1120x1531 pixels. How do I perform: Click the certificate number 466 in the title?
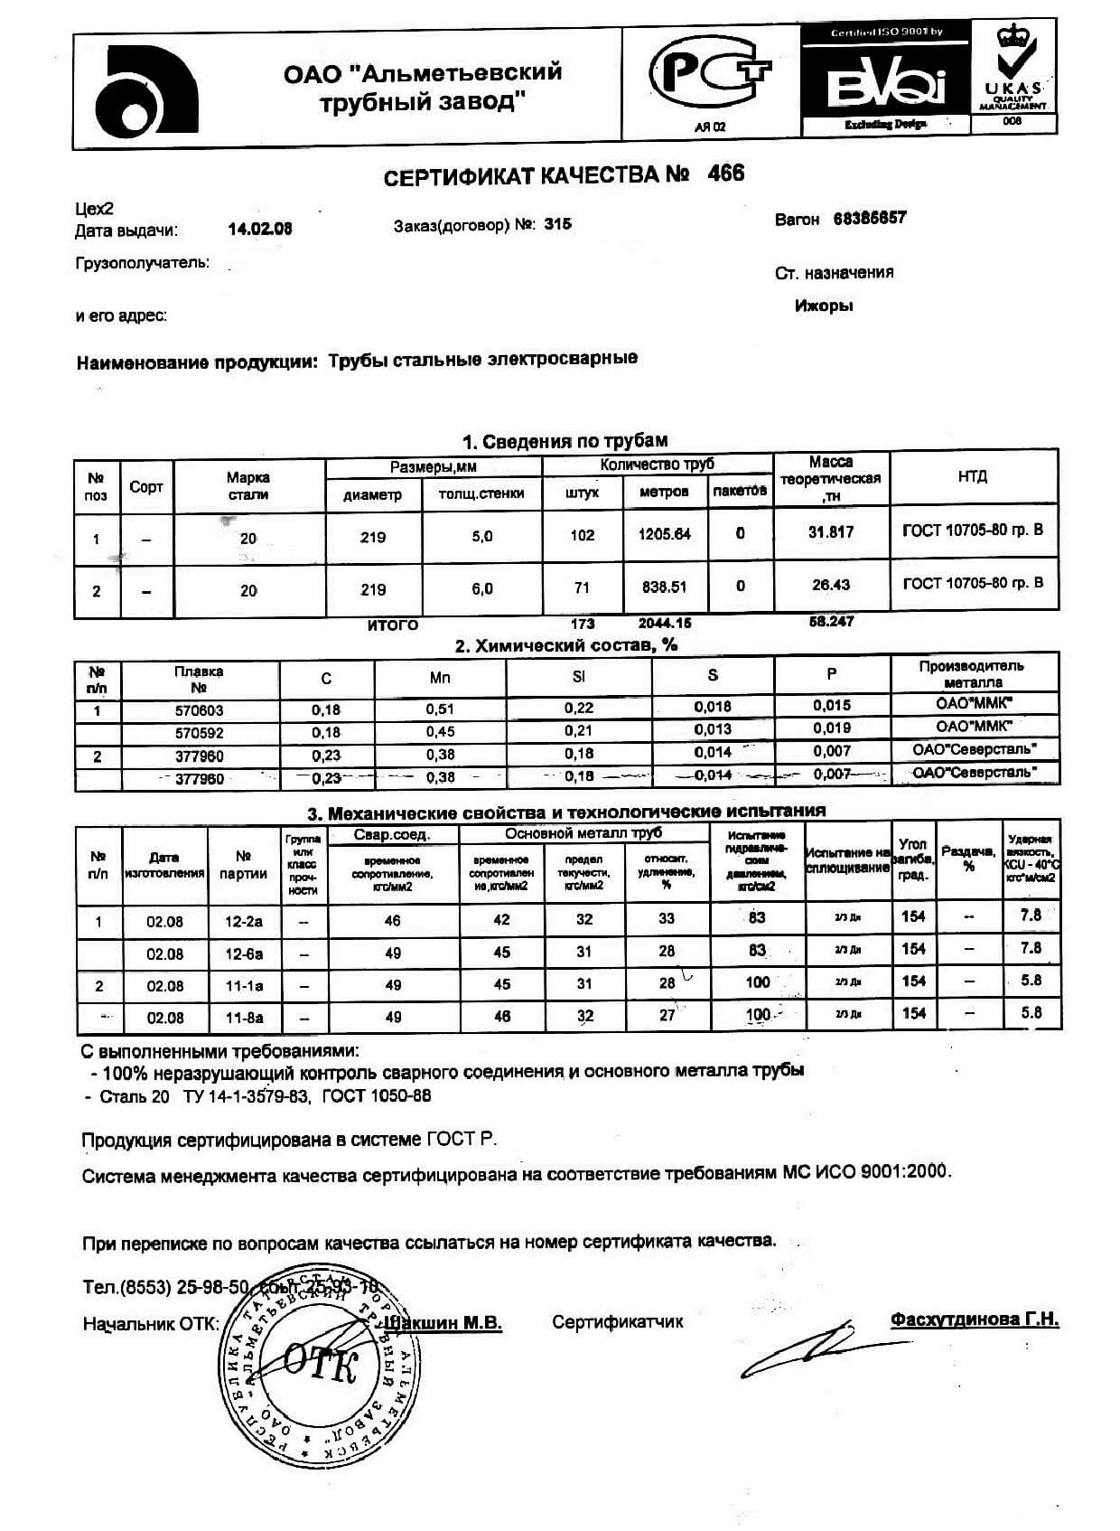point(726,174)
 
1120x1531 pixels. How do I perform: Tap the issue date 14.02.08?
point(260,230)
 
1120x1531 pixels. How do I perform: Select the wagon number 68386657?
point(869,219)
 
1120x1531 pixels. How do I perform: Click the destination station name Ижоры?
point(823,305)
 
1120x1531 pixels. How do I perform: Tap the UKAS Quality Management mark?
point(1013,77)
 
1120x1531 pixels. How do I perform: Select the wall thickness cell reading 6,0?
point(482,589)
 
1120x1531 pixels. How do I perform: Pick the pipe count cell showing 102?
point(582,535)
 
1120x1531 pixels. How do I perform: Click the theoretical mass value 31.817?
point(830,532)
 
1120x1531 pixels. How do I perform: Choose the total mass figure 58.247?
point(831,622)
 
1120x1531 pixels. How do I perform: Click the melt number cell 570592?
point(200,733)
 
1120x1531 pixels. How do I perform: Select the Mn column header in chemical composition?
point(440,678)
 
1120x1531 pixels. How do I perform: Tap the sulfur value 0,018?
point(712,707)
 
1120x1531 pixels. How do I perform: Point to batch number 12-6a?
point(243,953)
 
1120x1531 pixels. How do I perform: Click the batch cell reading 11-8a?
point(243,1018)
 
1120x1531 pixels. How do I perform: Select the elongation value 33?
point(667,919)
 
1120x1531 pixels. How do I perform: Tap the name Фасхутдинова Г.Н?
point(974,1320)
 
